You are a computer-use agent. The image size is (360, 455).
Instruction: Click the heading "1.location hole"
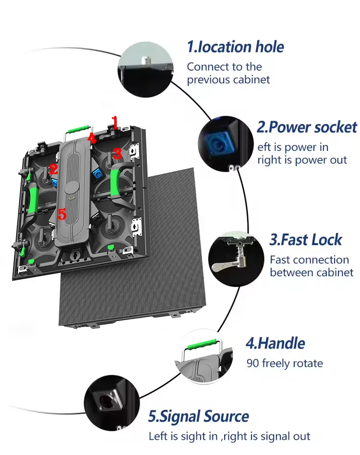(x=235, y=47)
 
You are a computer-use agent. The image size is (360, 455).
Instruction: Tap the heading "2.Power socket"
(x=307, y=127)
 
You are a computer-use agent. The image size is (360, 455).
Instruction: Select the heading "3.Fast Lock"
(x=306, y=240)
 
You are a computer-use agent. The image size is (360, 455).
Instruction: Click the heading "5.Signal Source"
(x=198, y=416)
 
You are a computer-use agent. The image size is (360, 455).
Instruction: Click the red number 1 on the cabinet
(x=114, y=120)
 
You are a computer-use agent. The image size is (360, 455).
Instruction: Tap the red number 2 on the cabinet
(x=53, y=169)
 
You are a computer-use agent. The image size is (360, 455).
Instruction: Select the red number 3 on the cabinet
(x=117, y=154)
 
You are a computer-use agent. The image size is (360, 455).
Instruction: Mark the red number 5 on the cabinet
(x=61, y=214)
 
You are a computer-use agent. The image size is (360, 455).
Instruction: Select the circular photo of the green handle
(x=201, y=355)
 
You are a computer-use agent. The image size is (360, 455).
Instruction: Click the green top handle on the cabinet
(x=79, y=129)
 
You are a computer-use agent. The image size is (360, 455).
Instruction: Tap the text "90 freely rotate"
(x=285, y=363)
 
